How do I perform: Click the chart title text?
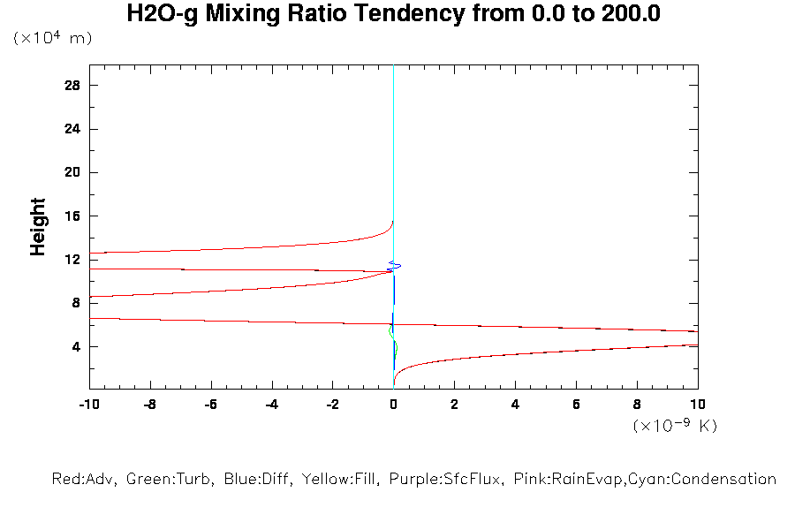coord(393,14)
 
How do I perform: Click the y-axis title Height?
coord(38,228)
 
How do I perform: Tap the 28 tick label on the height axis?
coord(72,85)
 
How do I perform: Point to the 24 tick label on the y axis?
coord(72,129)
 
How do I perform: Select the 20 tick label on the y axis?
coord(72,172)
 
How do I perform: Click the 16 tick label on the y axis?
coord(72,216)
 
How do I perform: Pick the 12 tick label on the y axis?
coord(72,260)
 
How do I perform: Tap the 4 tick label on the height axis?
coord(76,346)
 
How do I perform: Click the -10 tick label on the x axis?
coord(88,405)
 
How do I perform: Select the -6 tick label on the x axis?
coord(210,405)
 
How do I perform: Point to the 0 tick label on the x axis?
coord(393,405)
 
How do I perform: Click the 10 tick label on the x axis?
coord(697,405)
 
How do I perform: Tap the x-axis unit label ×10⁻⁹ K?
coord(675,427)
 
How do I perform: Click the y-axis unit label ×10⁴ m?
coord(52,39)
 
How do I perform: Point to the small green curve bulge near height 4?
coord(397,347)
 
